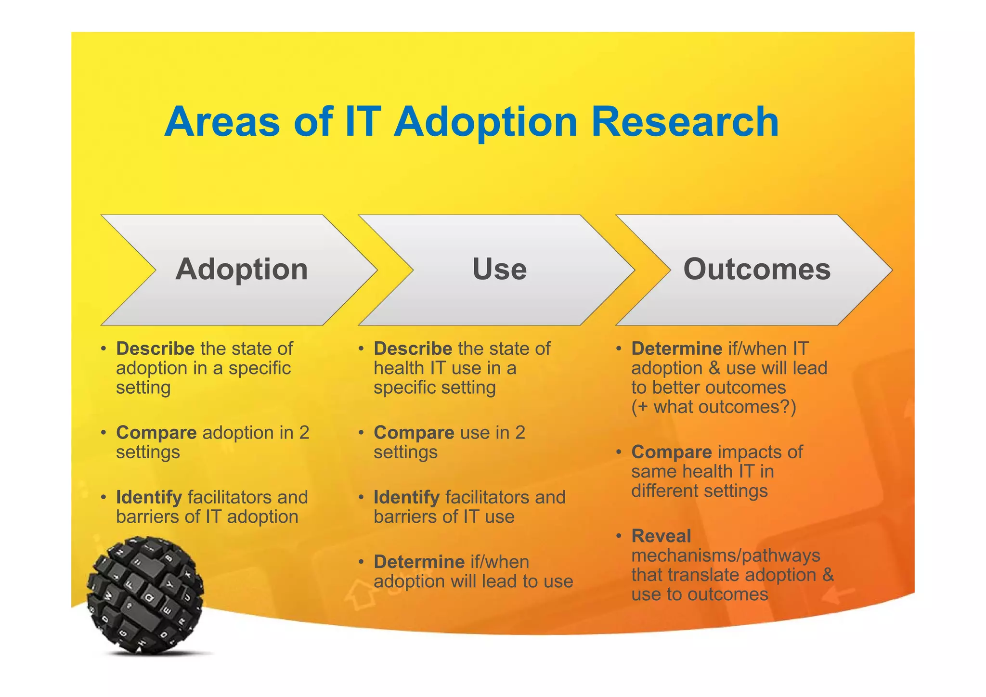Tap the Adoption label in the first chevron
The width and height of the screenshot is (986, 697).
coord(242,269)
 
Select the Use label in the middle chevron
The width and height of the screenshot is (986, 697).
coord(499,269)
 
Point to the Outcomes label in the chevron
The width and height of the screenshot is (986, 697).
coord(757,269)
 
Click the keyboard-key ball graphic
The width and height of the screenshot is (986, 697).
coord(145,595)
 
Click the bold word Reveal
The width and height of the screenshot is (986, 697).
coord(661,536)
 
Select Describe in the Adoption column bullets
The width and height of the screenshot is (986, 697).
coord(155,348)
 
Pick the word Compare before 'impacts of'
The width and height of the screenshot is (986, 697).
coord(671,452)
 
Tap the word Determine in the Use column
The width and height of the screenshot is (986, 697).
coord(419,562)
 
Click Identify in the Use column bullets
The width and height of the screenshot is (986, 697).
coord(406,497)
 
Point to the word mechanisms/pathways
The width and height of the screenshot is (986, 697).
coord(726,555)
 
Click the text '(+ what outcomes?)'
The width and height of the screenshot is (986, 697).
coord(714,407)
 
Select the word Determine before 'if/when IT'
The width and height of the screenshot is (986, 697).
coord(676,348)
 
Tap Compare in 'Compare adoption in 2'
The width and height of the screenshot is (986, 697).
coord(156,433)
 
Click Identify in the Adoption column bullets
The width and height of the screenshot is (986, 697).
coord(149,497)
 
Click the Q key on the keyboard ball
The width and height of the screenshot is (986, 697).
coord(149,598)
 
